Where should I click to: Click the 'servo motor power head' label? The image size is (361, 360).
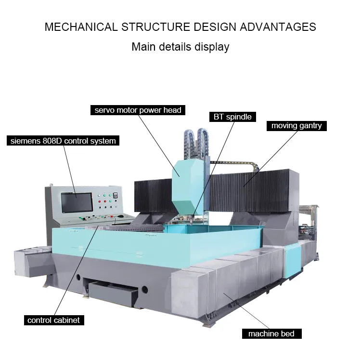click(x=138, y=110)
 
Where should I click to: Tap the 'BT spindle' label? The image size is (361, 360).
click(x=232, y=117)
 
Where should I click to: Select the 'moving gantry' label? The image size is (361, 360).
click(x=296, y=126)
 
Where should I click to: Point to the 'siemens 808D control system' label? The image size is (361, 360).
click(x=63, y=141)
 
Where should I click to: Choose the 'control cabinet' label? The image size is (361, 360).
click(x=53, y=320)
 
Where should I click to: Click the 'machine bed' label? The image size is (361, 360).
click(x=271, y=333)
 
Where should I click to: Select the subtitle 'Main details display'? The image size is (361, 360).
click(x=180, y=47)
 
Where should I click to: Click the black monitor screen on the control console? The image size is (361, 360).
click(x=76, y=203)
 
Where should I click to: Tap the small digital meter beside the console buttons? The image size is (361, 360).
click(x=115, y=195)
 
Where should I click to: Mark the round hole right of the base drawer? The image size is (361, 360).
click(x=144, y=290)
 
